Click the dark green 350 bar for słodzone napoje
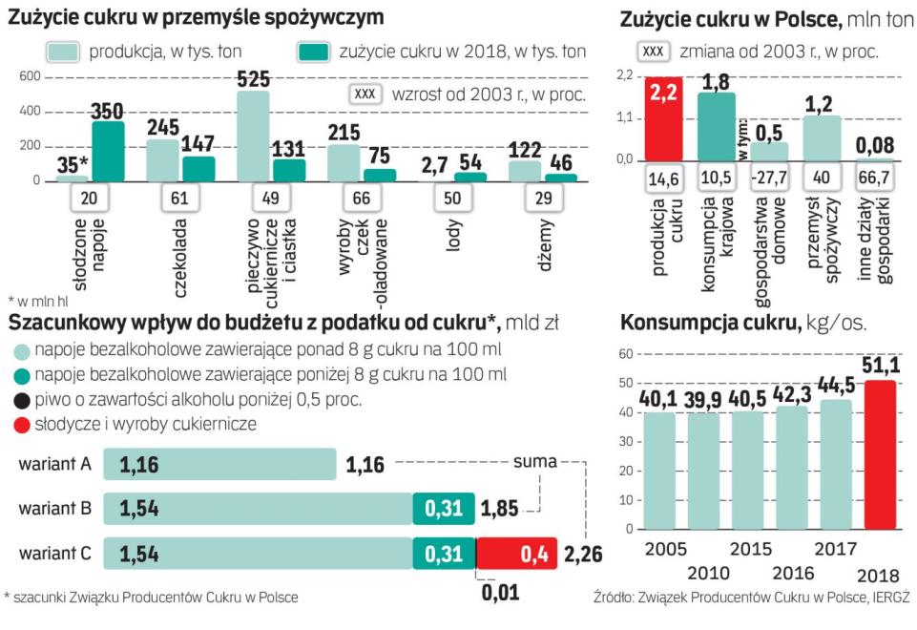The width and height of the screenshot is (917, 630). [x=108, y=151]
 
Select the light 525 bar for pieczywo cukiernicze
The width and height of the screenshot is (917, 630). [x=253, y=136]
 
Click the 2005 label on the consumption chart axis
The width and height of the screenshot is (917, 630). [x=662, y=549]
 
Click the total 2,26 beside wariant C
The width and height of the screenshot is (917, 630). [x=582, y=555]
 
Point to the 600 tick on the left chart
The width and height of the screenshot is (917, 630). [x=30, y=77]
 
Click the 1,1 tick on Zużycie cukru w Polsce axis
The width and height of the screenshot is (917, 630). [x=628, y=117]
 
